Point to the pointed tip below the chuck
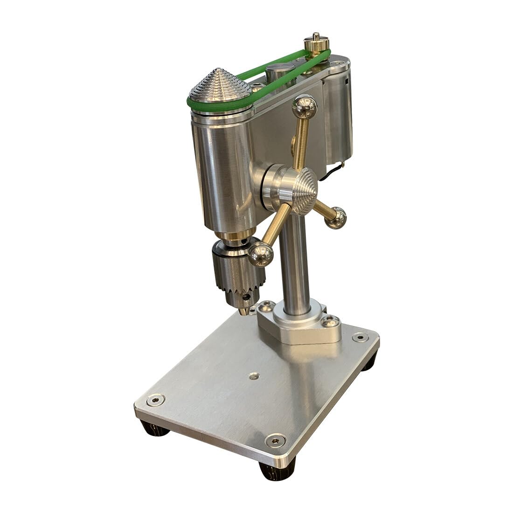click(x=244, y=310)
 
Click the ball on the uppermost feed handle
click(x=304, y=110)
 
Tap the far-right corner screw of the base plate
click(x=359, y=338)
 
